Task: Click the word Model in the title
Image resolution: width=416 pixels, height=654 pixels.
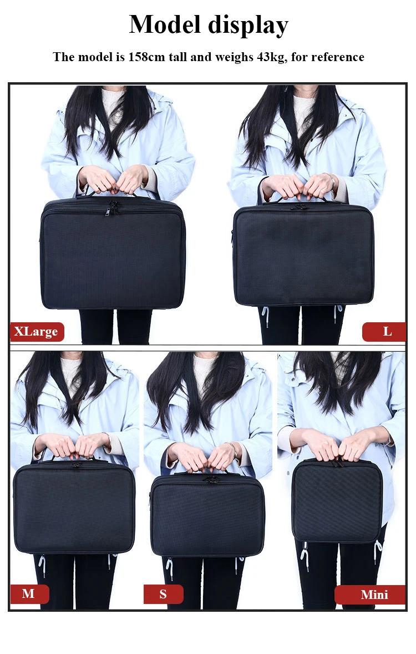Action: point(165,24)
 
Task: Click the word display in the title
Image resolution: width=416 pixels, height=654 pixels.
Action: point(248,26)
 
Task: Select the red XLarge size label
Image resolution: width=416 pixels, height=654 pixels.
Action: point(37,332)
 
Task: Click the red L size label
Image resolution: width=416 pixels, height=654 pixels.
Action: point(384,332)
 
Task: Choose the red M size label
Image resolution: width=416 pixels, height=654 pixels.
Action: point(29,593)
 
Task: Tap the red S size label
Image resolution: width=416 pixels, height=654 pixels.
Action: point(163,594)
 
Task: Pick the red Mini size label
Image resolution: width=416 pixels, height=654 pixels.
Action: point(370,595)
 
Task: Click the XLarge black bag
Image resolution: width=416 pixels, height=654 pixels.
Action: point(113,253)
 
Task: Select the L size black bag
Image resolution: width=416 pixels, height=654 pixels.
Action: point(303,254)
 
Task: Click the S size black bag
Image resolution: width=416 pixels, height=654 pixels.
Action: point(207,516)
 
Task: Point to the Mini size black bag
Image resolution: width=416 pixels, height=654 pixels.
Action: point(337,501)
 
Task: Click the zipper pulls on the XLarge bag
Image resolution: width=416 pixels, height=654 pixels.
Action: point(113,208)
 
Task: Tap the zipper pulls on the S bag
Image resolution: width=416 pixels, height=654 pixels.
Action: point(212,480)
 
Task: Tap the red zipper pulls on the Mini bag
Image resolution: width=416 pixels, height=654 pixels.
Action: point(337,461)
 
